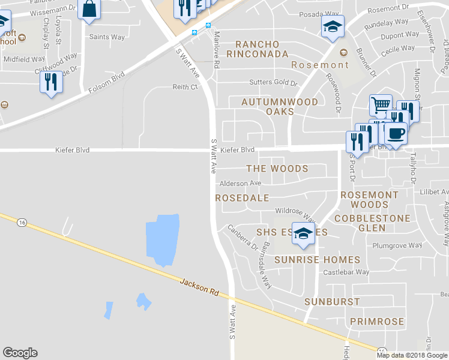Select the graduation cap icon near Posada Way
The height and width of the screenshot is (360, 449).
[333, 27]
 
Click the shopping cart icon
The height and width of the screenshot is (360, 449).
[380, 106]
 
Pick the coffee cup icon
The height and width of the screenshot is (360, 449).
[396, 133]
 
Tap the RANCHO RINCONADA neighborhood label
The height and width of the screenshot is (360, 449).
[258, 49]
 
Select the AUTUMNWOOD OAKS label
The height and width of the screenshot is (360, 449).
[280, 107]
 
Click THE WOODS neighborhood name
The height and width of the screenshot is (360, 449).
[277, 169]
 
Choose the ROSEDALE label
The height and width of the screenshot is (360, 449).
[242, 197]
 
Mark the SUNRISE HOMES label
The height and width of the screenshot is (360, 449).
[318, 260]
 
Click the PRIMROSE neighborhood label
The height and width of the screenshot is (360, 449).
[377, 322]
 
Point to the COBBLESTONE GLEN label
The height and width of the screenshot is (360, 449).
[372, 223]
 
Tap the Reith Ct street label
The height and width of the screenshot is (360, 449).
[185, 87]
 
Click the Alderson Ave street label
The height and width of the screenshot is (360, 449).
[241, 183]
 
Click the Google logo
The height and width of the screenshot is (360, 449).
[20, 353]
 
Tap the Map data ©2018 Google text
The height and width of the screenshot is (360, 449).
[411, 355]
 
